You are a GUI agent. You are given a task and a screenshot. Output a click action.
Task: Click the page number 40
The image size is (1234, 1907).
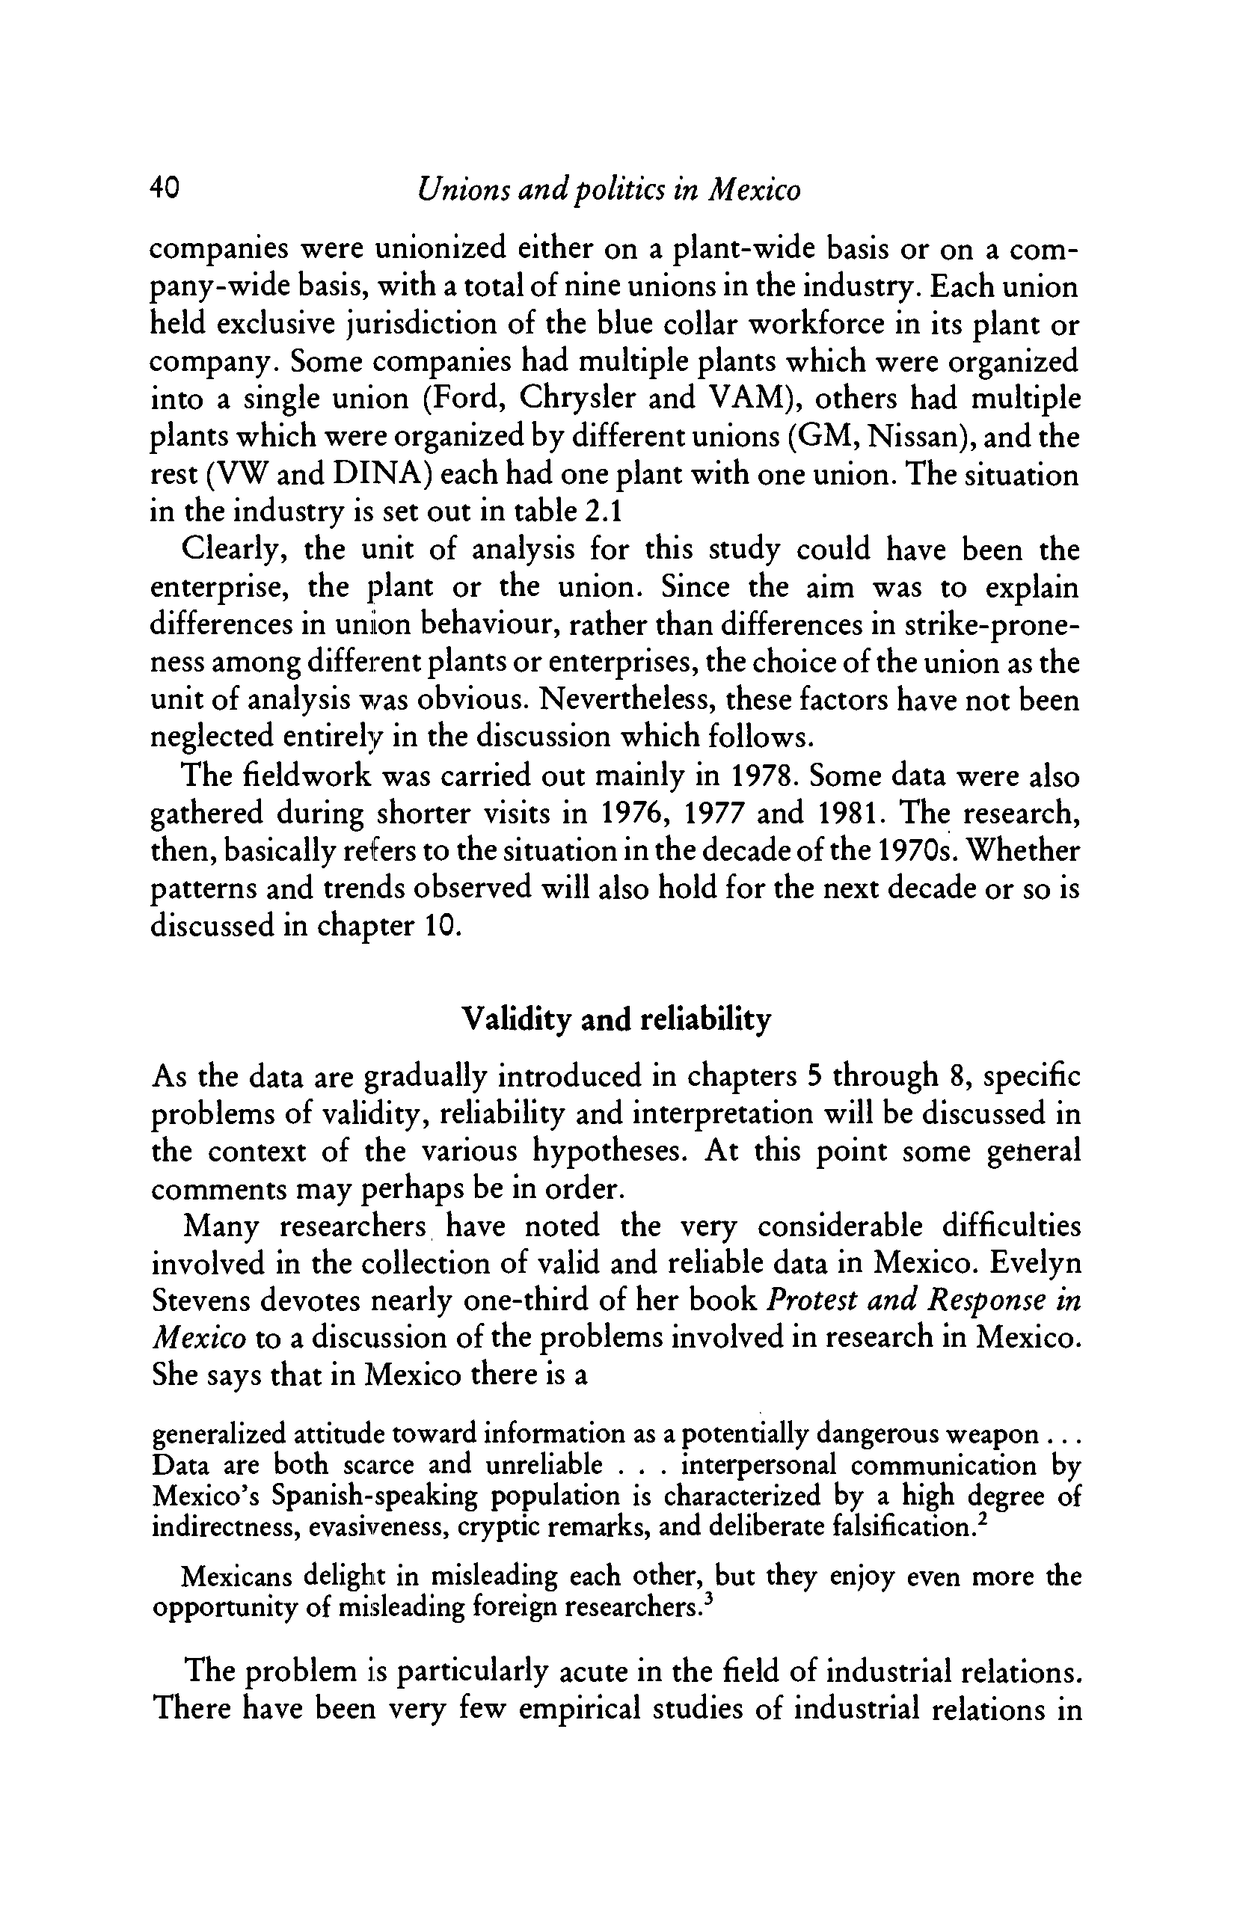166,189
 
